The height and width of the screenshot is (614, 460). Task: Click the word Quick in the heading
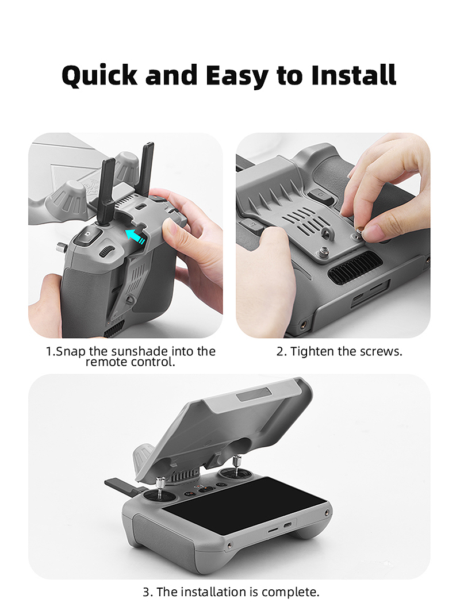pos(99,75)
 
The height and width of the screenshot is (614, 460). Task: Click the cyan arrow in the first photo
pos(136,236)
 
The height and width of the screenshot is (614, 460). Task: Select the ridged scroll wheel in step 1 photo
pos(106,251)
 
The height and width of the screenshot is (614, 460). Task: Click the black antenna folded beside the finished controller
pos(123,486)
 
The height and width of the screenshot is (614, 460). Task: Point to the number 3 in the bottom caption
pos(147,592)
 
